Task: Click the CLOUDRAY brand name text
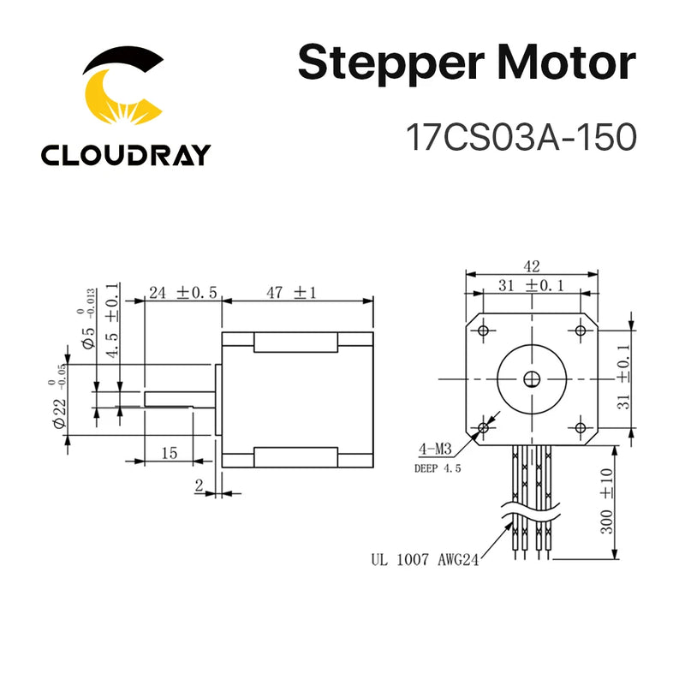(x=125, y=154)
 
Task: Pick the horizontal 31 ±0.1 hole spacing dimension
(x=530, y=285)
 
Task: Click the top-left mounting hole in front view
(x=482, y=331)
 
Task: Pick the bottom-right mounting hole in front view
(x=581, y=426)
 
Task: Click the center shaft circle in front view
(x=531, y=378)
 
